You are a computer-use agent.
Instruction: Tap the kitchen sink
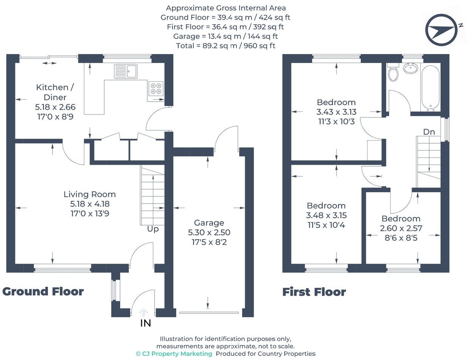126,71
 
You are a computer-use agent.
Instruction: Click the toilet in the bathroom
393,73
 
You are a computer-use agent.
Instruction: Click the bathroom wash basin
410,68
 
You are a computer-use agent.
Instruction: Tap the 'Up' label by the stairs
153,229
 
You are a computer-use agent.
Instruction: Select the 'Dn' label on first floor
429,132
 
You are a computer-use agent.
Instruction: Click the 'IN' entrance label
145,323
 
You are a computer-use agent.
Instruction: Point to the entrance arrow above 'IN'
144,312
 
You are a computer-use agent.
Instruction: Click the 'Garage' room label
209,223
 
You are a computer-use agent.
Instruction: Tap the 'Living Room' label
90,194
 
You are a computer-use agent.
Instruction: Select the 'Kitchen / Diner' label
55,92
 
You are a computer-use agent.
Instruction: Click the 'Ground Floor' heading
43,291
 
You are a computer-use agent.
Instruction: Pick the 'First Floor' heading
314,292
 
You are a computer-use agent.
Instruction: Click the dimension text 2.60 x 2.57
401,228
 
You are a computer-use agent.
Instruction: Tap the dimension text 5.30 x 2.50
209,232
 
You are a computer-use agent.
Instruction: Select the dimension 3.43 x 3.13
336,112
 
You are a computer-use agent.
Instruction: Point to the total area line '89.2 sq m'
226,46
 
